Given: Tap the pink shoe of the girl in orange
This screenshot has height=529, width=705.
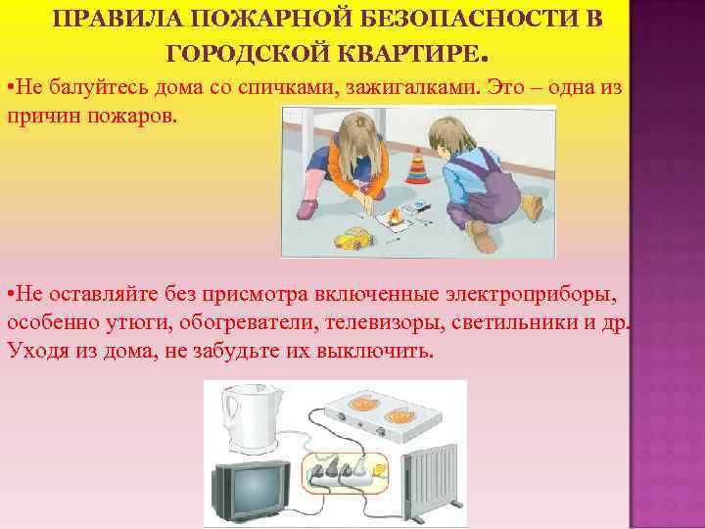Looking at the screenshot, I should (x=307, y=208).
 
